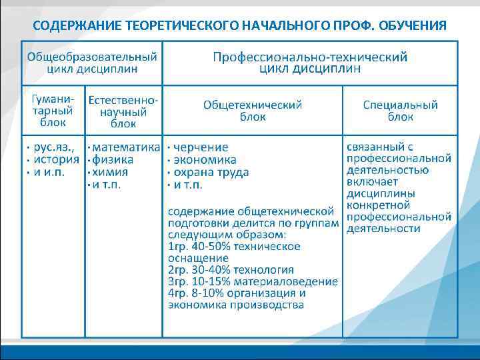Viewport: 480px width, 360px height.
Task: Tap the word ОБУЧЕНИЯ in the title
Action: pyautogui.click(x=411, y=26)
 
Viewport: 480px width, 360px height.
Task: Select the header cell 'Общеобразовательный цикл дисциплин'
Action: pyautogui.click(x=93, y=62)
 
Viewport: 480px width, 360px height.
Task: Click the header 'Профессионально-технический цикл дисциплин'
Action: pyautogui.click(x=310, y=62)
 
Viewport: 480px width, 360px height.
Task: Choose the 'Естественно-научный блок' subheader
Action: pyautogui.click(x=123, y=111)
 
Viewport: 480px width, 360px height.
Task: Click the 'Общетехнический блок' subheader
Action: pyautogui.click(x=253, y=111)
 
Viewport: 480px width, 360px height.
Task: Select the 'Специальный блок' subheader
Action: pyautogui.click(x=401, y=111)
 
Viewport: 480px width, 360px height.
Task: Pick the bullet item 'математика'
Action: pyautogui.click(x=127, y=147)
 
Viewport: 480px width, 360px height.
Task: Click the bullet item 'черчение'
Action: pyautogui.click(x=201, y=147)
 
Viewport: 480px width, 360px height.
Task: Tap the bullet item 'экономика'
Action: pyautogui.click(x=205, y=159)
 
